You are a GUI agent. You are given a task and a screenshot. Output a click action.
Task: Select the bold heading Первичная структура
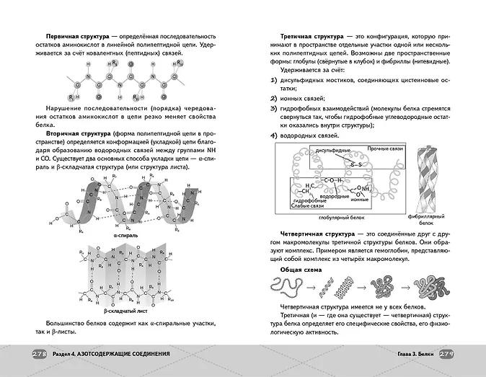click(x=77, y=36)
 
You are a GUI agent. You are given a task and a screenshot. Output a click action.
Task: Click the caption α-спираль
click(x=125, y=236)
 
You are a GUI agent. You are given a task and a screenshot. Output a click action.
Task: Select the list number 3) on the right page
click(x=273, y=109)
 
